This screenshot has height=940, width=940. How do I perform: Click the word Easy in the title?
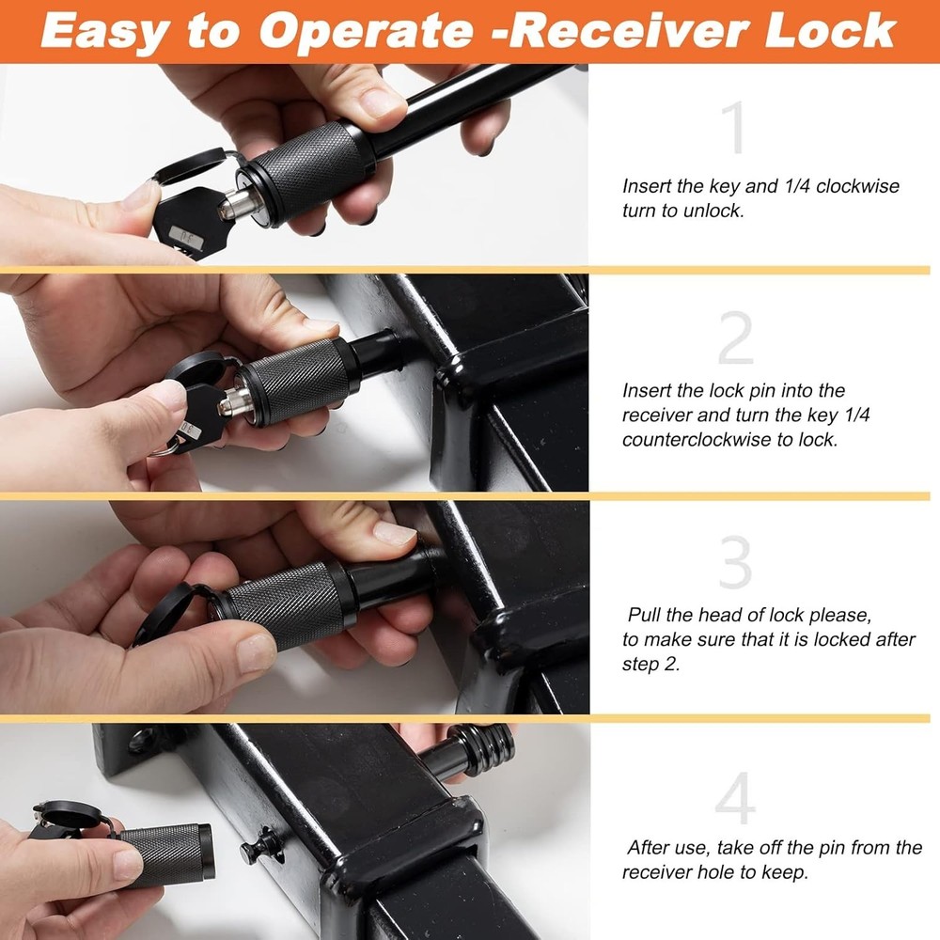(x=104, y=31)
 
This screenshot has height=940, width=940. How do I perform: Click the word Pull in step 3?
(x=649, y=616)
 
